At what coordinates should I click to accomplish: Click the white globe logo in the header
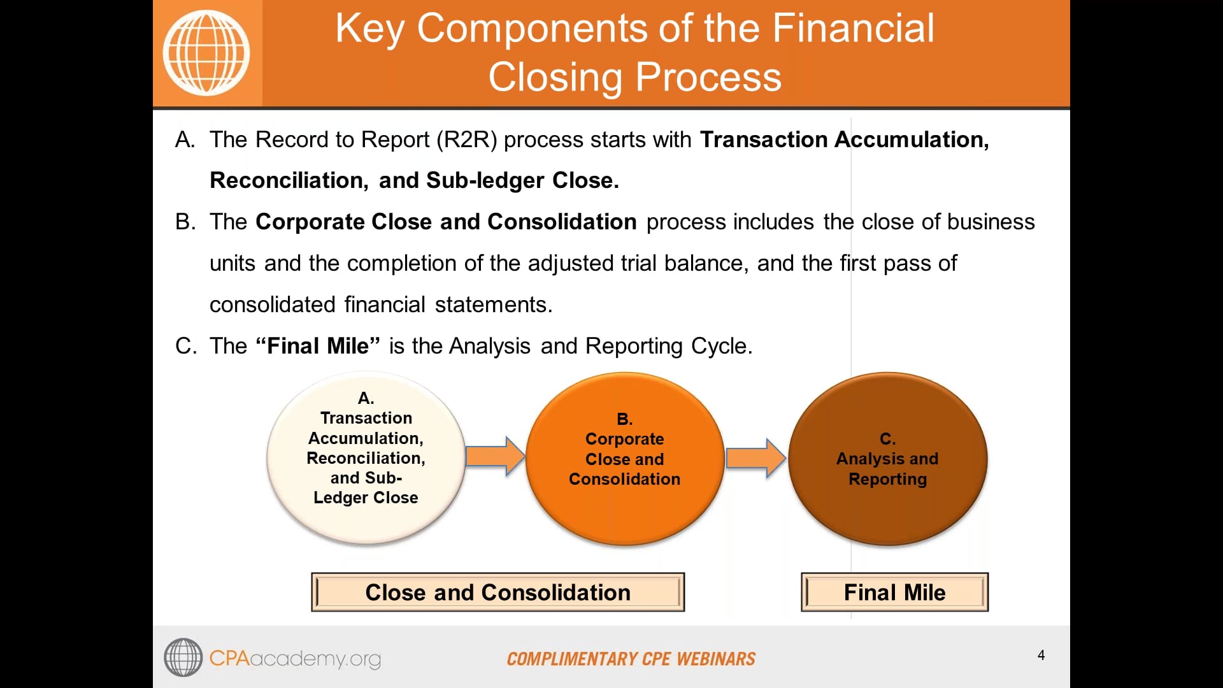[x=206, y=53]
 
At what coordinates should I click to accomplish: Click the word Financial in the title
[x=853, y=29]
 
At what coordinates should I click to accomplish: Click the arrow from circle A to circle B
[x=495, y=456]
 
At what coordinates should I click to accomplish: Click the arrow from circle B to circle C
[x=755, y=458]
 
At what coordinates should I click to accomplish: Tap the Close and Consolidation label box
[x=497, y=592]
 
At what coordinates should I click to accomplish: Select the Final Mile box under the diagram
[x=894, y=592]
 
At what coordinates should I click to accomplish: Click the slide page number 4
[x=1041, y=655]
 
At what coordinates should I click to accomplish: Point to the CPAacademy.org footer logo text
[x=294, y=658]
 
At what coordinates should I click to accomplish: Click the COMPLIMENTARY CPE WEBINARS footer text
[x=631, y=659]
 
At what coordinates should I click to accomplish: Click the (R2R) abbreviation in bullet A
[x=466, y=140]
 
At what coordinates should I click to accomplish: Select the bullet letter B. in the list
[x=185, y=222]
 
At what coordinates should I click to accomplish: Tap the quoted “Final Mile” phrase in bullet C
[x=317, y=346]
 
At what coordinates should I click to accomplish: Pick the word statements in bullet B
[x=493, y=305]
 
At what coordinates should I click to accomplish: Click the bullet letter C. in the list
[x=185, y=346]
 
